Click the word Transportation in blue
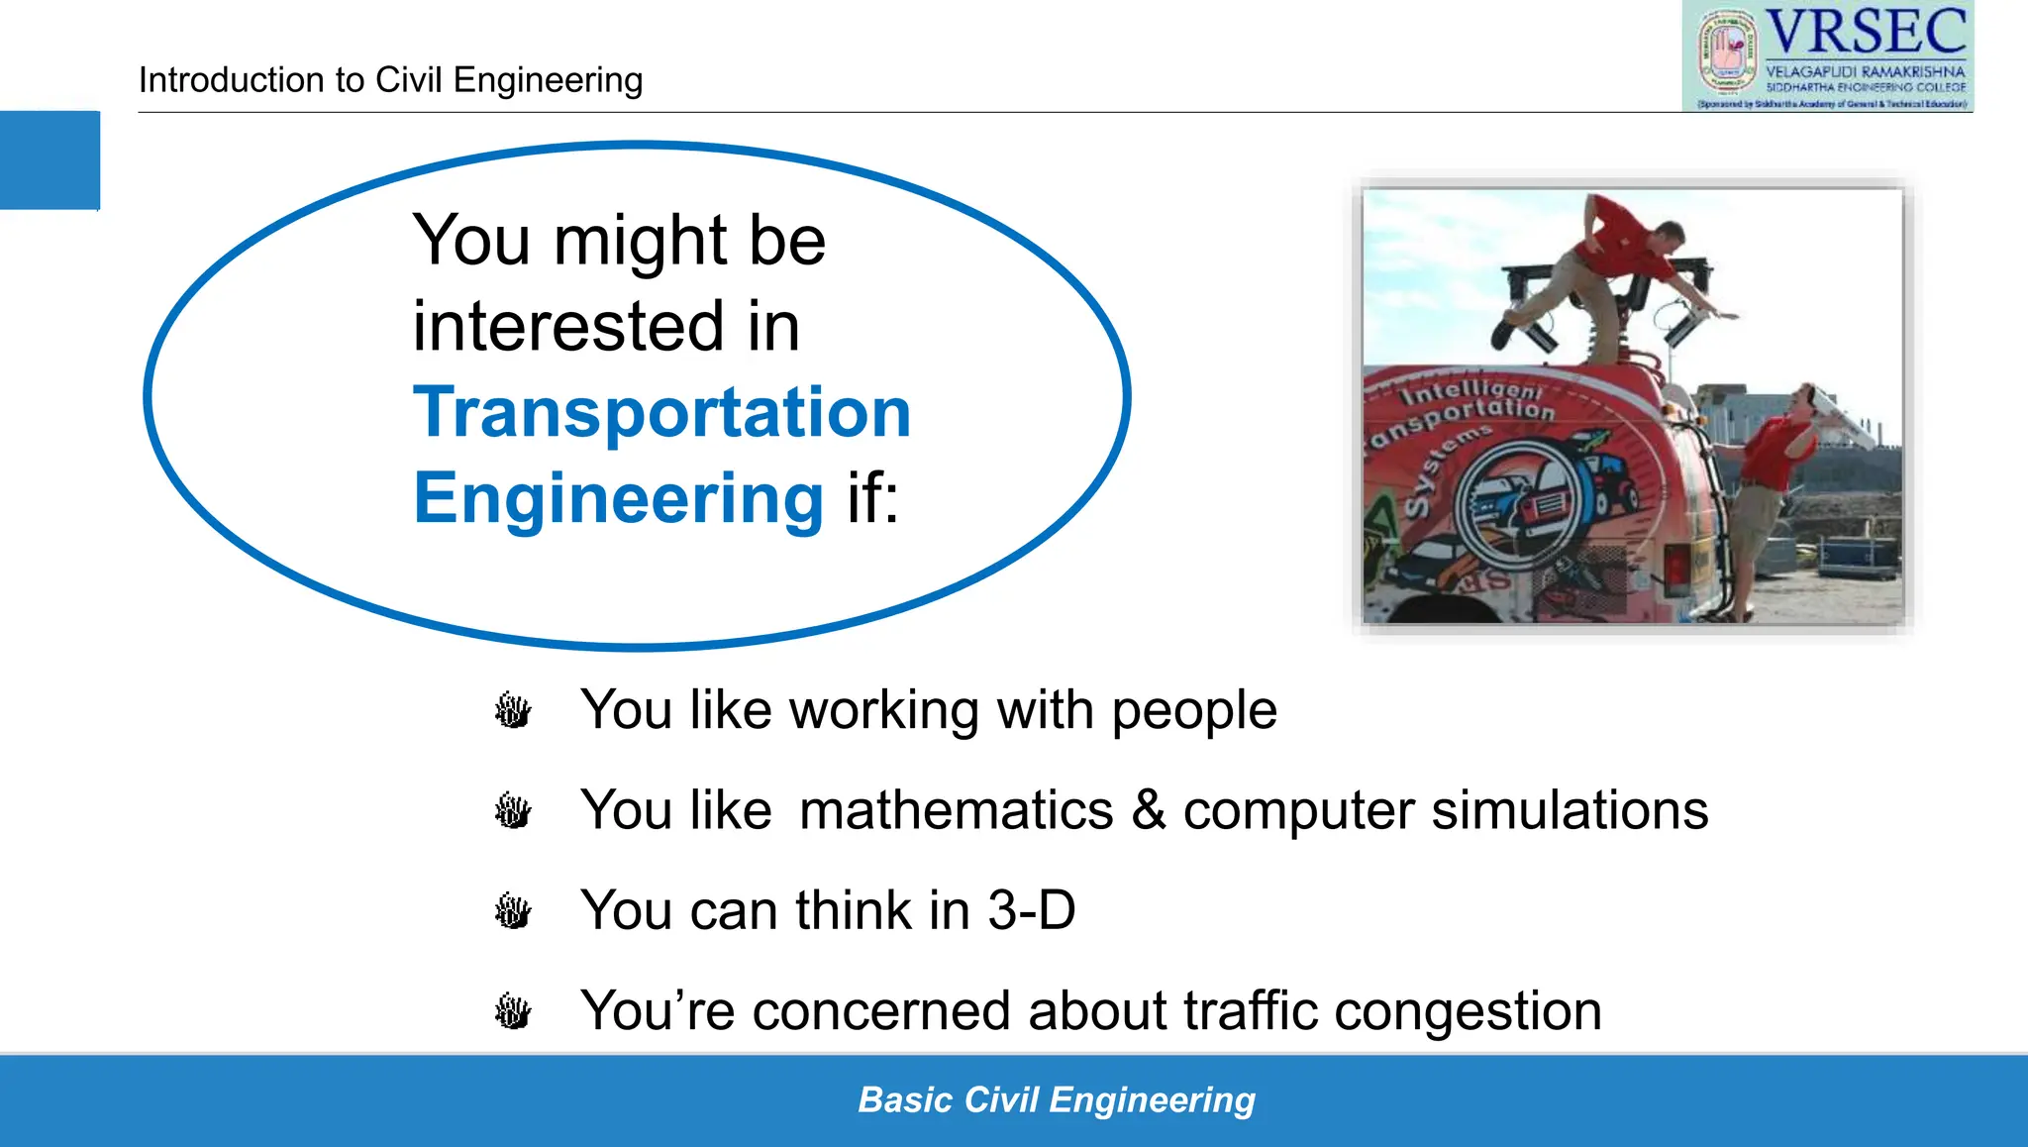coord(661,412)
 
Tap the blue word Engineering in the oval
coord(618,498)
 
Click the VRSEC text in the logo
coord(1866,32)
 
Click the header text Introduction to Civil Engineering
coord(390,80)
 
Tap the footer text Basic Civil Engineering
coord(1056,1100)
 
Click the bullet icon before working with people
coord(513,711)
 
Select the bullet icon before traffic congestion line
coord(513,1012)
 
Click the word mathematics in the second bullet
coord(956,810)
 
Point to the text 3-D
coord(1031,910)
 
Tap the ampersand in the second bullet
coord(1149,810)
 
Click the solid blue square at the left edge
coord(50,159)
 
